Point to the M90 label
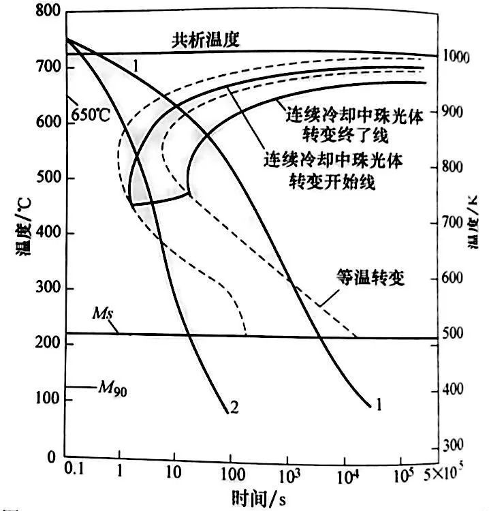[110, 389]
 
